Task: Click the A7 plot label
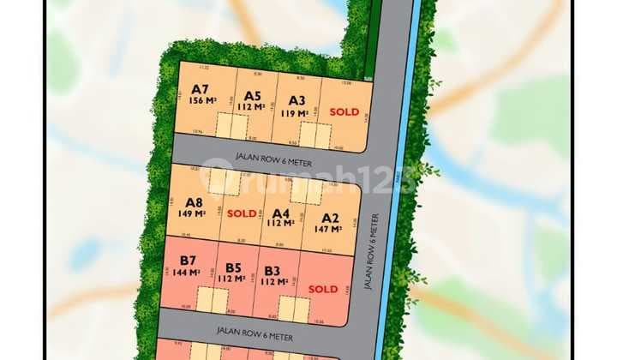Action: click(201, 87)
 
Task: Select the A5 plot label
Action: click(252, 96)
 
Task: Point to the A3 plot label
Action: click(297, 99)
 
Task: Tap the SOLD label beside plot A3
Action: click(344, 111)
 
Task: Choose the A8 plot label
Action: click(195, 203)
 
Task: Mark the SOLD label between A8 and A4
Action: click(242, 213)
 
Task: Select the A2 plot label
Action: click(330, 218)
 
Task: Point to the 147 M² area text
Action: click(330, 229)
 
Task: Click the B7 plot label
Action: click(186, 261)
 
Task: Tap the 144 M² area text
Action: click(186, 273)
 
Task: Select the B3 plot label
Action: click(273, 271)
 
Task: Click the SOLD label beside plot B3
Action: click(323, 289)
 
